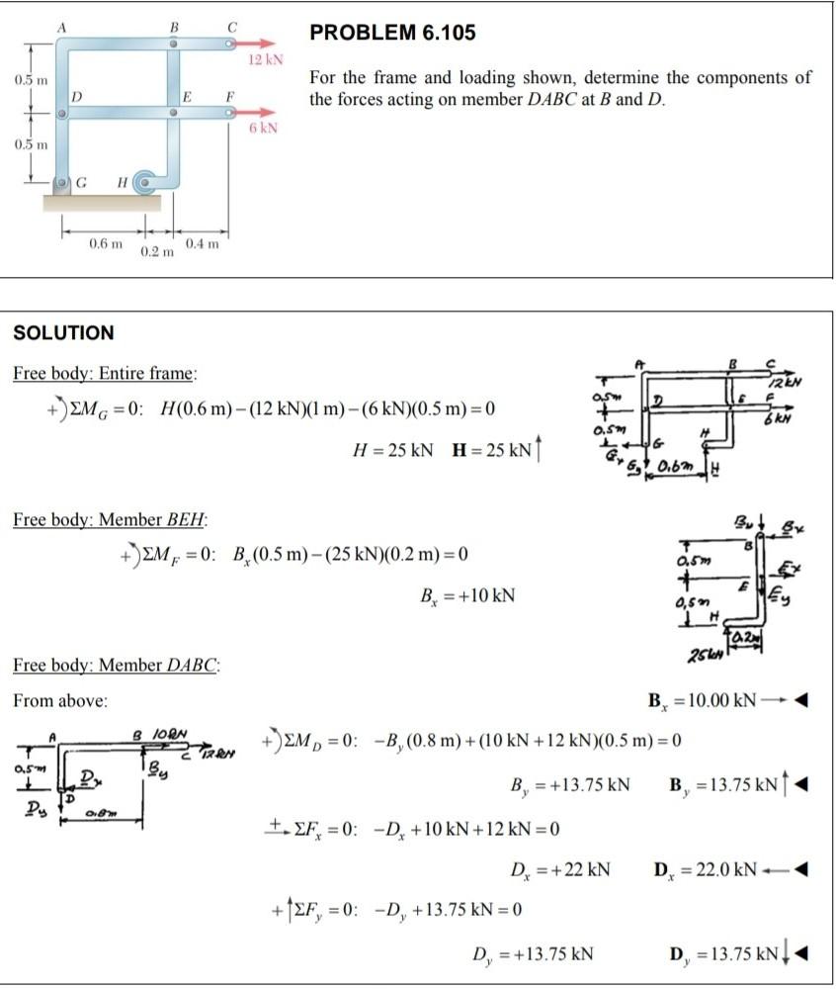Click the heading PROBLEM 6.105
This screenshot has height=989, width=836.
(x=392, y=33)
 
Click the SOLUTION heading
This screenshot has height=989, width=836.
(x=63, y=332)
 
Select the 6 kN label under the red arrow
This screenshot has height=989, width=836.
(x=263, y=129)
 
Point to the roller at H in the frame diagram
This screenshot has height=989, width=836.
(x=145, y=181)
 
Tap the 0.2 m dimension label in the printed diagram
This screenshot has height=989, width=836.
(x=155, y=253)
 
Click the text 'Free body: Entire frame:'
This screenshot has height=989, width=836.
(x=105, y=374)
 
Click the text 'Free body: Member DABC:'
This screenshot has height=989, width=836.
(x=115, y=664)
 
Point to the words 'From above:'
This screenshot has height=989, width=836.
(x=60, y=700)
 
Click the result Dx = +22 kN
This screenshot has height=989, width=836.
(x=559, y=870)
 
